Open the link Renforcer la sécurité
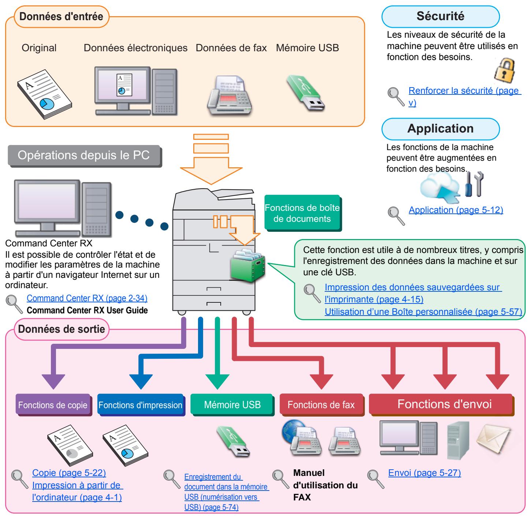coord(464,91)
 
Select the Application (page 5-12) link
coord(456,210)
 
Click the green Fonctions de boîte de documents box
coord(302,213)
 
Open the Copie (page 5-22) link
coord(69,473)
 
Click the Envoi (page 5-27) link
coord(424,473)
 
